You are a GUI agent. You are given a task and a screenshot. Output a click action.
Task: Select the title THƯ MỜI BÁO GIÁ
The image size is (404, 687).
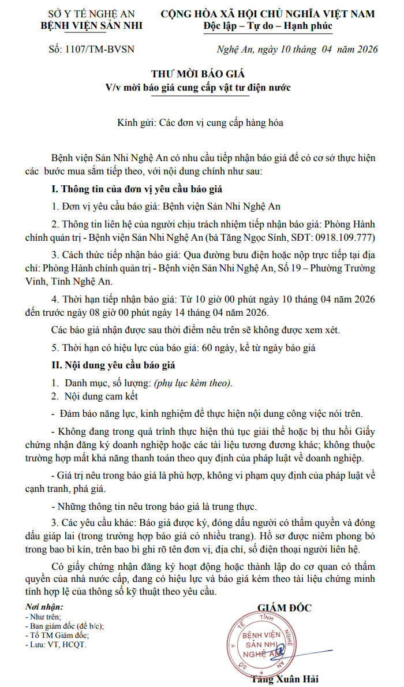point(198,74)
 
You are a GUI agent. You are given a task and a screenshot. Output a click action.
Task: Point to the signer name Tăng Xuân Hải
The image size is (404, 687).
point(285,679)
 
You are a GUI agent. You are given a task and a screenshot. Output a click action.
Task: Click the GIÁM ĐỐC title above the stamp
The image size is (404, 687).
point(284,608)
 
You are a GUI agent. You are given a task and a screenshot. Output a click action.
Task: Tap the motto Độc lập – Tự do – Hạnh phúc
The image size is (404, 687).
point(268,26)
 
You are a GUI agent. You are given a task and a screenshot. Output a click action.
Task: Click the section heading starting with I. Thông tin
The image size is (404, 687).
point(137,190)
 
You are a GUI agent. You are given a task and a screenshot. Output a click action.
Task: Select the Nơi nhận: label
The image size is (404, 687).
point(44,607)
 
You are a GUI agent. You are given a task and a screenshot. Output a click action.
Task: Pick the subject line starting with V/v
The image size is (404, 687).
point(198,88)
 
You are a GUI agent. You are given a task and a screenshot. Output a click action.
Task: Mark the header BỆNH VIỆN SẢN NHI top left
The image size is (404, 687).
point(92,25)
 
